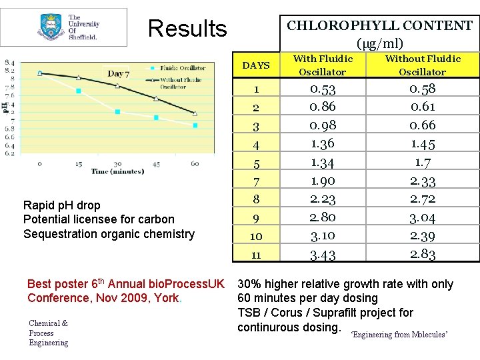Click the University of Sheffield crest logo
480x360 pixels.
(51, 27)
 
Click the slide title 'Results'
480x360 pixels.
(187, 29)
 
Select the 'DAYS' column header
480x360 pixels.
(256, 65)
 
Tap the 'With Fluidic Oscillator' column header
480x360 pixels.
(323, 65)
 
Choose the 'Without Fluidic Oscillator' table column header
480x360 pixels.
(423, 65)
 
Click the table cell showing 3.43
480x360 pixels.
(323, 254)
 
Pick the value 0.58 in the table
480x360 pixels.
(423, 89)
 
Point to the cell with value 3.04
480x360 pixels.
(423, 217)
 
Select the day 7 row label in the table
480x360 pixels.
(256, 181)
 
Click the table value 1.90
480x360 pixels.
(323, 181)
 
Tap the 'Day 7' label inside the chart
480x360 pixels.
(119, 73)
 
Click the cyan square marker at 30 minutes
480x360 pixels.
(118, 112)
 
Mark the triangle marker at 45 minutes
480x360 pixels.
(157, 99)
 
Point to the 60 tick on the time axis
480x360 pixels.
(195, 163)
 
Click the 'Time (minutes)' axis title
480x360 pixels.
(117, 172)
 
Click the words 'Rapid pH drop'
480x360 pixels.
(61, 205)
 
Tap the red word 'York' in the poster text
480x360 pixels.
(166, 298)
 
